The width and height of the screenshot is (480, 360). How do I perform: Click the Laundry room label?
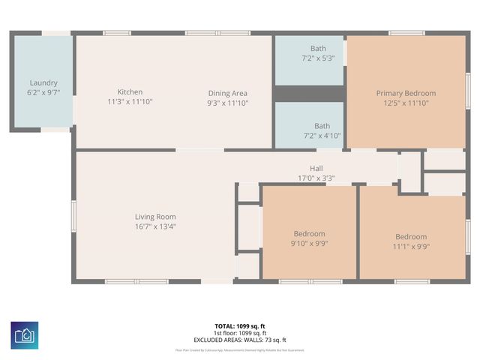pyautogui.click(x=43, y=83)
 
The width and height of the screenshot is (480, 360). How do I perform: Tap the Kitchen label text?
pyautogui.click(x=130, y=92)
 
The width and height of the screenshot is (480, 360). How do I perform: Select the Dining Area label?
pyautogui.click(x=227, y=93)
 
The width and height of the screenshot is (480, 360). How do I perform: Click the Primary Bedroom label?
pyautogui.click(x=406, y=94)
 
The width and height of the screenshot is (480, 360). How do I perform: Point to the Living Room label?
pyautogui.click(x=155, y=217)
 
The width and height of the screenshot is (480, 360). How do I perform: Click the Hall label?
pyautogui.click(x=316, y=169)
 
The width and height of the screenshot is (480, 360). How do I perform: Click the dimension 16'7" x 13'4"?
pyautogui.click(x=155, y=226)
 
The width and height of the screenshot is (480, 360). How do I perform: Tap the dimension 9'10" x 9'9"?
pyautogui.click(x=309, y=243)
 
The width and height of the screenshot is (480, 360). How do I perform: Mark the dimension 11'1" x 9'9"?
pyautogui.click(x=411, y=246)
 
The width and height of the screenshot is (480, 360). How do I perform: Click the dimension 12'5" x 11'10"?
pyautogui.click(x=406, y=103)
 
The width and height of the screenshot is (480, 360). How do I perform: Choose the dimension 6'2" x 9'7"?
pyautogui.click(x=43, y=92)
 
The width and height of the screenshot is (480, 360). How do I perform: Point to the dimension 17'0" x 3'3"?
pyautogui.click(x=316, y=178)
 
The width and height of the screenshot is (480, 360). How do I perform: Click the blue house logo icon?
pyautogui.click(x=25, y=334)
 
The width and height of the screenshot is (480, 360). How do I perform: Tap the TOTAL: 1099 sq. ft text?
pyautogui.click(x=240, y=326)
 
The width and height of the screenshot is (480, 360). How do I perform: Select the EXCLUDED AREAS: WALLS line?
pyautogui.click(x=240, y=340)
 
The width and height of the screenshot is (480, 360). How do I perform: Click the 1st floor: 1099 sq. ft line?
pyautogui.click(x=240, y=333)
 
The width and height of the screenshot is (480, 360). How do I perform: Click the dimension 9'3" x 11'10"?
pyautogui.click(x=227, y=103)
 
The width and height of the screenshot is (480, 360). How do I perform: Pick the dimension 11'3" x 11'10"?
pyautogui.click(x=130, y=101)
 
